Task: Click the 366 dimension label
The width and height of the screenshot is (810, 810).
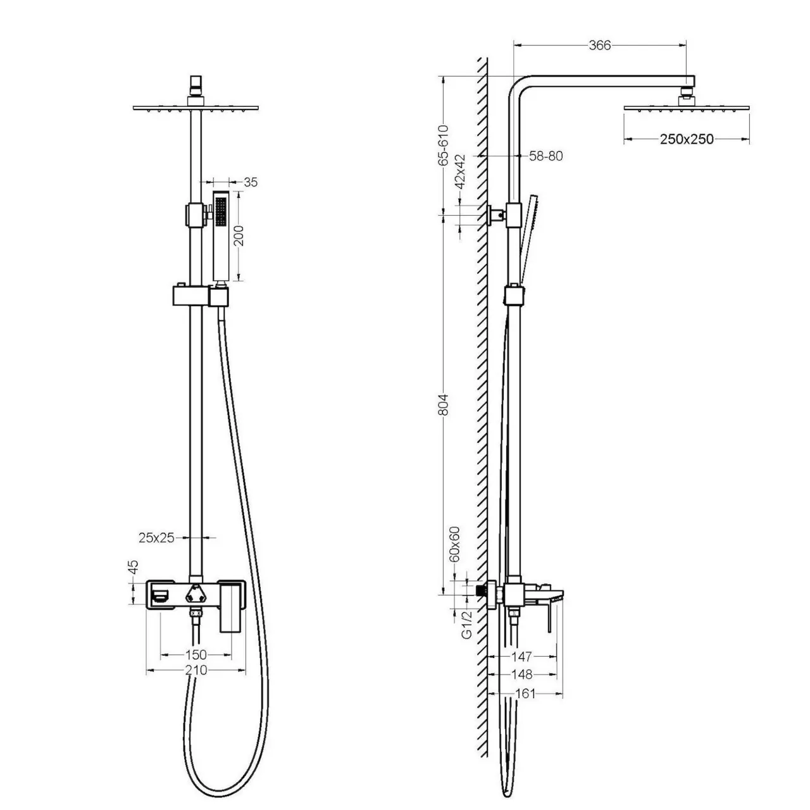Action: coord(599,45)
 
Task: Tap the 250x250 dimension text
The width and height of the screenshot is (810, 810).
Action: coord(687,139)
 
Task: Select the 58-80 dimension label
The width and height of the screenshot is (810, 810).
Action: coord(545,156)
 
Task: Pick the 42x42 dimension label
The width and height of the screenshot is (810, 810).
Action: coord(460,171)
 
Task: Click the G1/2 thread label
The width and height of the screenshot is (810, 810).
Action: coord(466,625)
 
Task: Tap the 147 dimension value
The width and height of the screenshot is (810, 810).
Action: coord(523,657)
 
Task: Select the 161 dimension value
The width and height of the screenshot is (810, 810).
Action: coord(525,694)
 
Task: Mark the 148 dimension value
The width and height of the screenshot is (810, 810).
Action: coord(523,675)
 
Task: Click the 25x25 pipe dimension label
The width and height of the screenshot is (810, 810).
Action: coord(156,538)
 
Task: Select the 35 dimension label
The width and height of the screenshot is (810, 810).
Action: coord(251,183)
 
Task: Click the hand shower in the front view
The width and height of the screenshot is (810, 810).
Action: coord(221,234)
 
